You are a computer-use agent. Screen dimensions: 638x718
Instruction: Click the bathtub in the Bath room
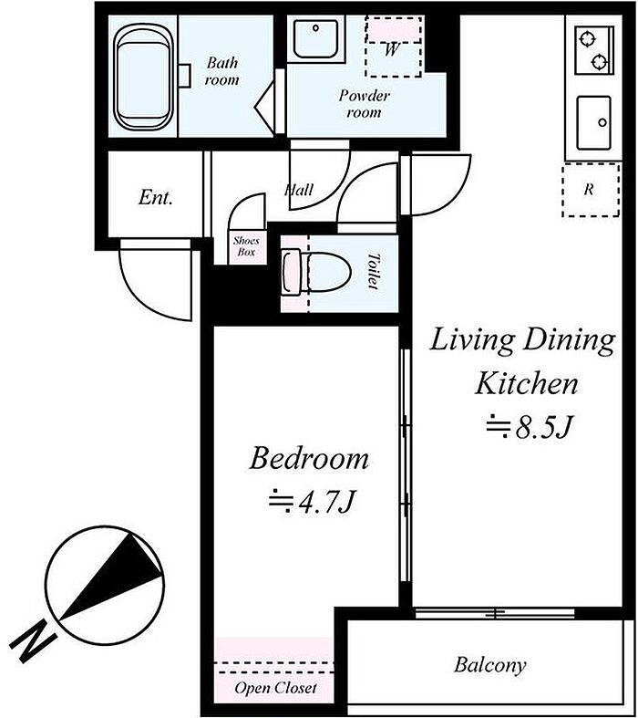(142, 76)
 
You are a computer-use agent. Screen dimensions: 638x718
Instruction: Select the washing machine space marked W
(394, 47)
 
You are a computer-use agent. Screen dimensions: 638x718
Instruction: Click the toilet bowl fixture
(316, 272)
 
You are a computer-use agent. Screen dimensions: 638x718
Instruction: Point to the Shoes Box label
(246, 246)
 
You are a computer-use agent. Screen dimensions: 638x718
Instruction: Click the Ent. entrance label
(156, 197)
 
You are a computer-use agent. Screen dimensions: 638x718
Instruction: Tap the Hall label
(299, 190)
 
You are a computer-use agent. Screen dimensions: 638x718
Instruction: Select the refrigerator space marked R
(591, 190)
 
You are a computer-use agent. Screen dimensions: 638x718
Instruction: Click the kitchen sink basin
(593, 123)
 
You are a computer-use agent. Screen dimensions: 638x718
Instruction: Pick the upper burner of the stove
(586, 38)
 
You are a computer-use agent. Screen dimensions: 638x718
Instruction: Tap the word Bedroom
(309, 458)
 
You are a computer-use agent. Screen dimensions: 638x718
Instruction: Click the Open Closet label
(275, 688)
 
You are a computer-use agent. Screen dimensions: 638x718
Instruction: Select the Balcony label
(489, 665)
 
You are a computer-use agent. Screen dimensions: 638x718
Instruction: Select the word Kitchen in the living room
(527, 383)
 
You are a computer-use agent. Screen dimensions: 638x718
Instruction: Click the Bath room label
(221, 71)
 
